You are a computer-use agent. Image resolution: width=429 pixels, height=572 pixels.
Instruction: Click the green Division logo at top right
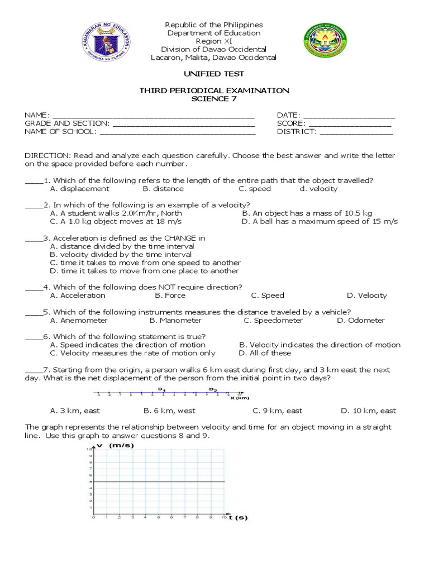(326, 42)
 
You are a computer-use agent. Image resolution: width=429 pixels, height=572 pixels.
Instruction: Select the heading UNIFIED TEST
(214, 74)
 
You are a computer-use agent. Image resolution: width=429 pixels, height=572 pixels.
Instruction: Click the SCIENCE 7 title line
(214, 99)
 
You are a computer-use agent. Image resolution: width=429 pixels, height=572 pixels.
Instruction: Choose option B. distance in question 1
(162, 189)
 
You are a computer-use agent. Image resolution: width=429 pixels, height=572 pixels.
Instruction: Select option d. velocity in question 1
(318, 189)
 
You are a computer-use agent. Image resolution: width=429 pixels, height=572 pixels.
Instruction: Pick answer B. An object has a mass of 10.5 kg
(307, 213)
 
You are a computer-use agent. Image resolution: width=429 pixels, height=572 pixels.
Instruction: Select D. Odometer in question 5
(361, 321)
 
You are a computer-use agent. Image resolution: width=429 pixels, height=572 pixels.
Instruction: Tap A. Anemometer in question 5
(79, 321)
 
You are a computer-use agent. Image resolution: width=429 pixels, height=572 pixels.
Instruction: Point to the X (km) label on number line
(239, 398)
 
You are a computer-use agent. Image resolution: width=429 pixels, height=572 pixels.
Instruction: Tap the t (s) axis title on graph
(237, 518)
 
